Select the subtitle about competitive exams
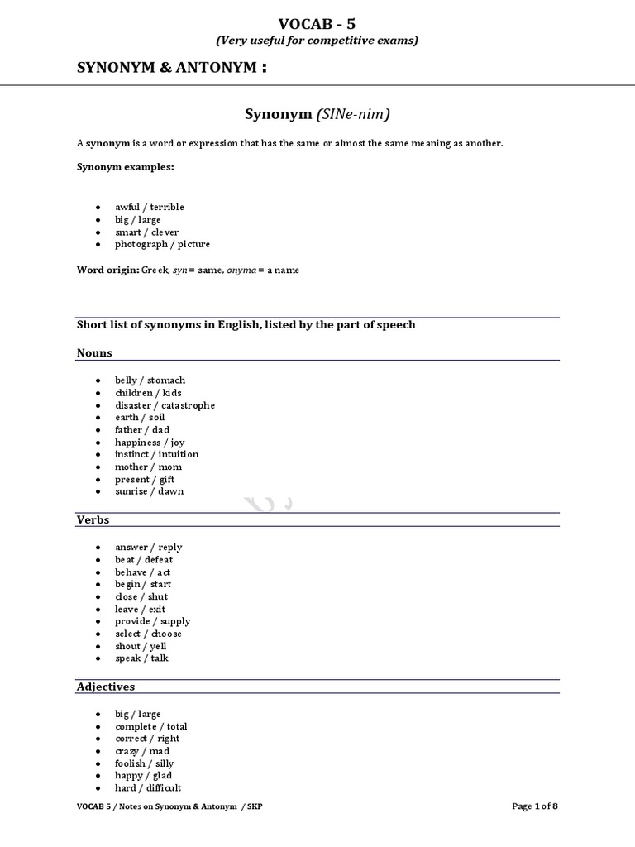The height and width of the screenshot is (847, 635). point(317,40)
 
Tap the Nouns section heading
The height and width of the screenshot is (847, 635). point(94,352)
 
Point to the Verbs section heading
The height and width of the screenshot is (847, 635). point(93,519)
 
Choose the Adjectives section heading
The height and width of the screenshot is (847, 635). point(105,687)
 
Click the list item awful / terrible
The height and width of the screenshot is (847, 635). point(150,207)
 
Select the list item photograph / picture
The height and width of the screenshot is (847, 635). point(163,244)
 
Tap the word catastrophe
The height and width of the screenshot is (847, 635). point(187,405)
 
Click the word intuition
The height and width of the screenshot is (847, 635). point(176,454)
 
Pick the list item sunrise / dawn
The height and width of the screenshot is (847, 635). point(150,491)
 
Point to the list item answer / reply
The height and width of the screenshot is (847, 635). point(149,547)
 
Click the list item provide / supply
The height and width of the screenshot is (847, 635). point(153,621)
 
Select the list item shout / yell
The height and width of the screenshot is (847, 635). point(141,646)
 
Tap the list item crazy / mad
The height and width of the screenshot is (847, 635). point(142,751)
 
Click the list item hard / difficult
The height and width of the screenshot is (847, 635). point(148,788)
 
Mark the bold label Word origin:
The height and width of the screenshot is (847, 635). point(108,270)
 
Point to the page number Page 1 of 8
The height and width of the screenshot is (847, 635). point(541,806)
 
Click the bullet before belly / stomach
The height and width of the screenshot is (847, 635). point(98,380)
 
